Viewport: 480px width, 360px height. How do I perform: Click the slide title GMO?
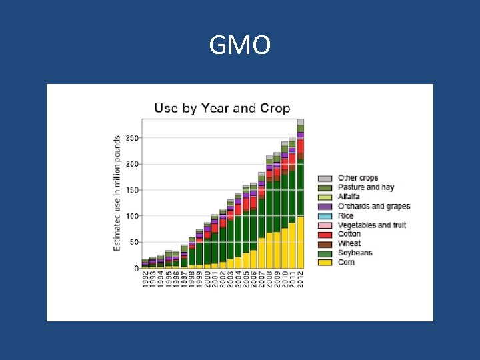(x=240, y=46)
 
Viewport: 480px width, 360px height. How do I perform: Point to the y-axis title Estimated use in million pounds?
(x=117, y=193)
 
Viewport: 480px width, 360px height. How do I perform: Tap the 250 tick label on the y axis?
(x=133, y=138)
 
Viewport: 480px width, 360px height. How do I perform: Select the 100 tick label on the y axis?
(x=133, y=216)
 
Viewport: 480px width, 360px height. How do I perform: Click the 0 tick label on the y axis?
(x=137, y=268)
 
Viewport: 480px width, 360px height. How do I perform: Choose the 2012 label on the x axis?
(x=301, y=281)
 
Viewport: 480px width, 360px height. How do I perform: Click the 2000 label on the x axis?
(x=207, y=281)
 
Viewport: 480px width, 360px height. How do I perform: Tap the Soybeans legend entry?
(x=355, y=253)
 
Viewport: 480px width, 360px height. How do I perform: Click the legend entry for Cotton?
(x=349, y=234)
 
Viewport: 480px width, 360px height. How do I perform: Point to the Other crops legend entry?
(x=357, y=178)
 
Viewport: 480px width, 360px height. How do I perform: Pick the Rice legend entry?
(x=345, y=216)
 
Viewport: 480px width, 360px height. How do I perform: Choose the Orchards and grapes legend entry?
(x=373, y=207)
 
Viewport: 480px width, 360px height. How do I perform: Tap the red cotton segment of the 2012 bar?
(x=301, y=146)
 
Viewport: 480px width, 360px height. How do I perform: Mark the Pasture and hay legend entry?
(x=365, y=187)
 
